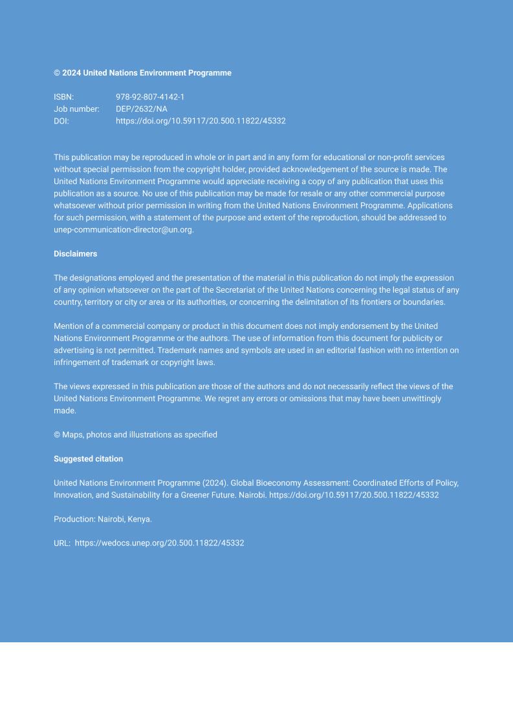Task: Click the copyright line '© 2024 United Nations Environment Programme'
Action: [x=142, y=73]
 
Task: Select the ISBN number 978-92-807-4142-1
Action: [x=150, y=97]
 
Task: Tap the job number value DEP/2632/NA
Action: [x=141, y=109]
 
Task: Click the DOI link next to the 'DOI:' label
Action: [x=201, y=121]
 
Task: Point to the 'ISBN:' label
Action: [x=63, y=97]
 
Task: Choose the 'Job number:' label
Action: [x=76, y=109]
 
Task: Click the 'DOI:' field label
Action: [x=61, y=121]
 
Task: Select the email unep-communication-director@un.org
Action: [x=123, y=229]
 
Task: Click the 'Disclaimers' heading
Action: [x=75, y=254]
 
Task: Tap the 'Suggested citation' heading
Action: [x=88, y=459]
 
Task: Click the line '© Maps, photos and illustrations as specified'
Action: [x=135, y=435]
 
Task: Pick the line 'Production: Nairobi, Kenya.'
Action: [x=103, y=519]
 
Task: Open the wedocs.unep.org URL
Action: [x=159, y=543]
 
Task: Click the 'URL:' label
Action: [x=62, y=543]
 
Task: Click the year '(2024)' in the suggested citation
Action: [x=215, y=483]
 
